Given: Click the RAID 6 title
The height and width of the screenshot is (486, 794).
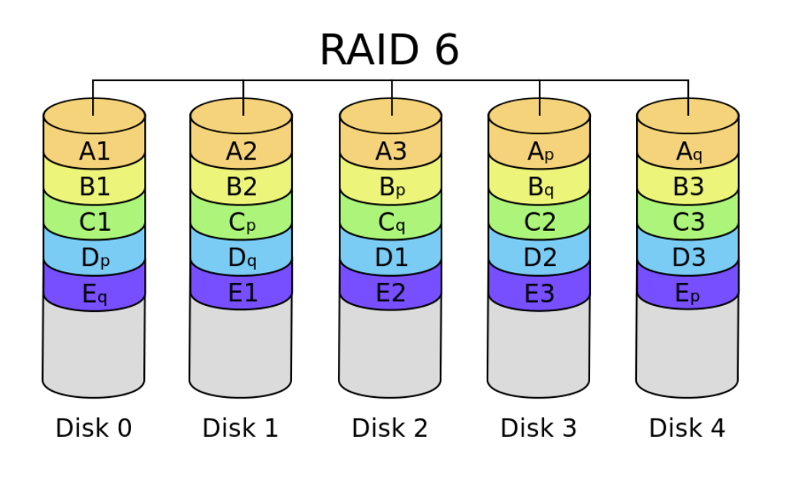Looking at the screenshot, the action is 389,50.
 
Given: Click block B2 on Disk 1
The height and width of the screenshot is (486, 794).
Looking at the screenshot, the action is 241,186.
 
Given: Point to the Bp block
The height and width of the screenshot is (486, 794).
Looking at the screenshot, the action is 390,186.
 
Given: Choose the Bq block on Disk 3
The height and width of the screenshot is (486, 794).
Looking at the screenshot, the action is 540,186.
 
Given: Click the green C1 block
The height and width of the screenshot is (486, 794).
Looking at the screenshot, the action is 94,222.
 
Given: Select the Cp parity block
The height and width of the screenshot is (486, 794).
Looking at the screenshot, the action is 241,222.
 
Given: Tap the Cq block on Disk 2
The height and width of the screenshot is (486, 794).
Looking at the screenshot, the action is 390,222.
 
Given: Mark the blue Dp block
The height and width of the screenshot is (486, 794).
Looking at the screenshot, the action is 94,257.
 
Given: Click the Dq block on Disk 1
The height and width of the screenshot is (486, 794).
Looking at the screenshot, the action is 241,257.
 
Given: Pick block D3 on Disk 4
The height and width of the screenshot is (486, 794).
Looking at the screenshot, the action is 687,257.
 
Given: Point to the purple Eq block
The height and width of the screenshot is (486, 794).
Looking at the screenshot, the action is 94,293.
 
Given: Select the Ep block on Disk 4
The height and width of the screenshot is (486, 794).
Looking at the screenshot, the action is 687,293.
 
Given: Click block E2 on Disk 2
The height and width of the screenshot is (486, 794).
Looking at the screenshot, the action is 390,293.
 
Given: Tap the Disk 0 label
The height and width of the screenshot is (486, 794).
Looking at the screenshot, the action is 94,429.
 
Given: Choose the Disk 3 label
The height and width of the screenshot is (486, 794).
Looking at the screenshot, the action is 538,429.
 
